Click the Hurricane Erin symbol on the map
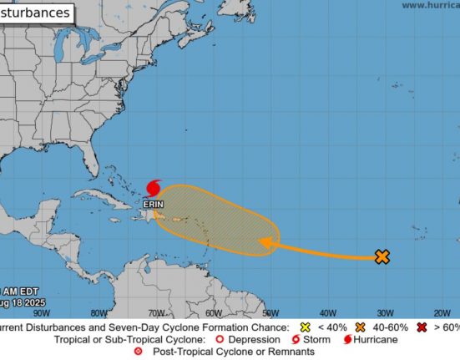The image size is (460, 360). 154,188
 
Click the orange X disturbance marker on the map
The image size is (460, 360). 382,257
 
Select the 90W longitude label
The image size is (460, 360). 40,313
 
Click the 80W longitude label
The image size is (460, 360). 98,313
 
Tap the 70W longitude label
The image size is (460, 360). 155,313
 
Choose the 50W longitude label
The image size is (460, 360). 270,313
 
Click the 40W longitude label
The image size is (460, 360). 327,313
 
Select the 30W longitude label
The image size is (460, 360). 385,313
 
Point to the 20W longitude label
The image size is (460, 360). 442,313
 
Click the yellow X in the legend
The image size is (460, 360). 305,328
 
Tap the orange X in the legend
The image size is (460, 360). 361,328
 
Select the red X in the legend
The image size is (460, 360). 422,328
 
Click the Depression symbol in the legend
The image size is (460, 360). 219,340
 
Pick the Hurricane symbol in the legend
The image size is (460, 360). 346,340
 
